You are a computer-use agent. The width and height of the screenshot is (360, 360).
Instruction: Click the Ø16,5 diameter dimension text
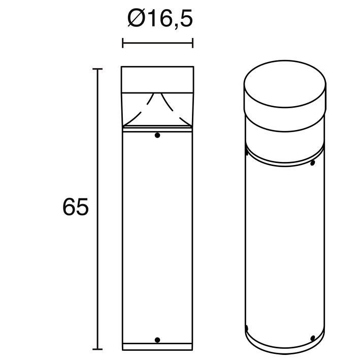[x=160, y=18]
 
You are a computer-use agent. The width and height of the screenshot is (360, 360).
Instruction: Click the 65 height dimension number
[x=76, y=207]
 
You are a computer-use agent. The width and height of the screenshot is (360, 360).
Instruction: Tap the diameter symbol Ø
[x=137, y=18]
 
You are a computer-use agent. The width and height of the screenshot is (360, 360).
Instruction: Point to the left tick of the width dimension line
[x=123, y=43]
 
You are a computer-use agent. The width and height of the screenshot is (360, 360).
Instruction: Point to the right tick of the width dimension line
[x=192, y=43]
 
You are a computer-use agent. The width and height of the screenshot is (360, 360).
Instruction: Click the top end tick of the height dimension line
[x=97, y=69]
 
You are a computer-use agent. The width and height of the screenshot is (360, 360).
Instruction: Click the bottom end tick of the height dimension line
[x=97, y=349]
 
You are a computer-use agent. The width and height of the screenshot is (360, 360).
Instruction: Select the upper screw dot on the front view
[x=157, y=135]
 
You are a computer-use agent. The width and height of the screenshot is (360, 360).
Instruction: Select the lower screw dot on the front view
[x=157, y=340]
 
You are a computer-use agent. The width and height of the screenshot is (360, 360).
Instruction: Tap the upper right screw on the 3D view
[x=312, y=163]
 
